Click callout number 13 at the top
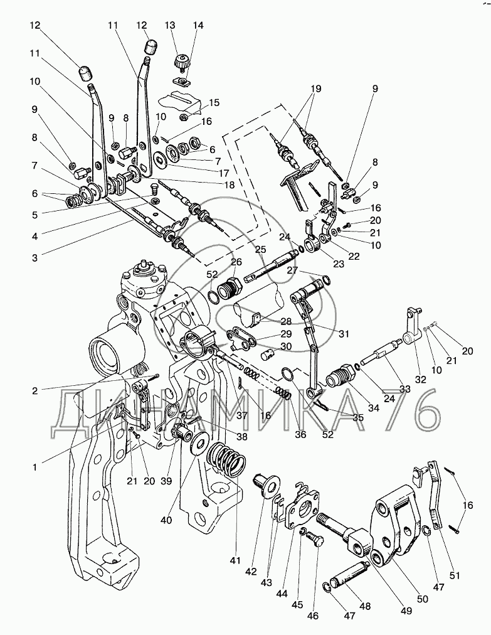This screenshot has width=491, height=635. [170, 25]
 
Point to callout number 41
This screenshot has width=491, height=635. [235, 560]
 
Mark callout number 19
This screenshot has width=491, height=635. [315, 88]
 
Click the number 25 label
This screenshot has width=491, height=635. [261, 249]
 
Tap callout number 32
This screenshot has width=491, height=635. [421, 379]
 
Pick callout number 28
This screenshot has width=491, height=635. [286, 321]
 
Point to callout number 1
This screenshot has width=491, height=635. [35, 467]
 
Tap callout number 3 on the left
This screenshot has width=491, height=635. [35, 257]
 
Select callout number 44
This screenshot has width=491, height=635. [282, 594]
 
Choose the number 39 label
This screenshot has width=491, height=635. [166, 481]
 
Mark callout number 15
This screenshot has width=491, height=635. [214, 102]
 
